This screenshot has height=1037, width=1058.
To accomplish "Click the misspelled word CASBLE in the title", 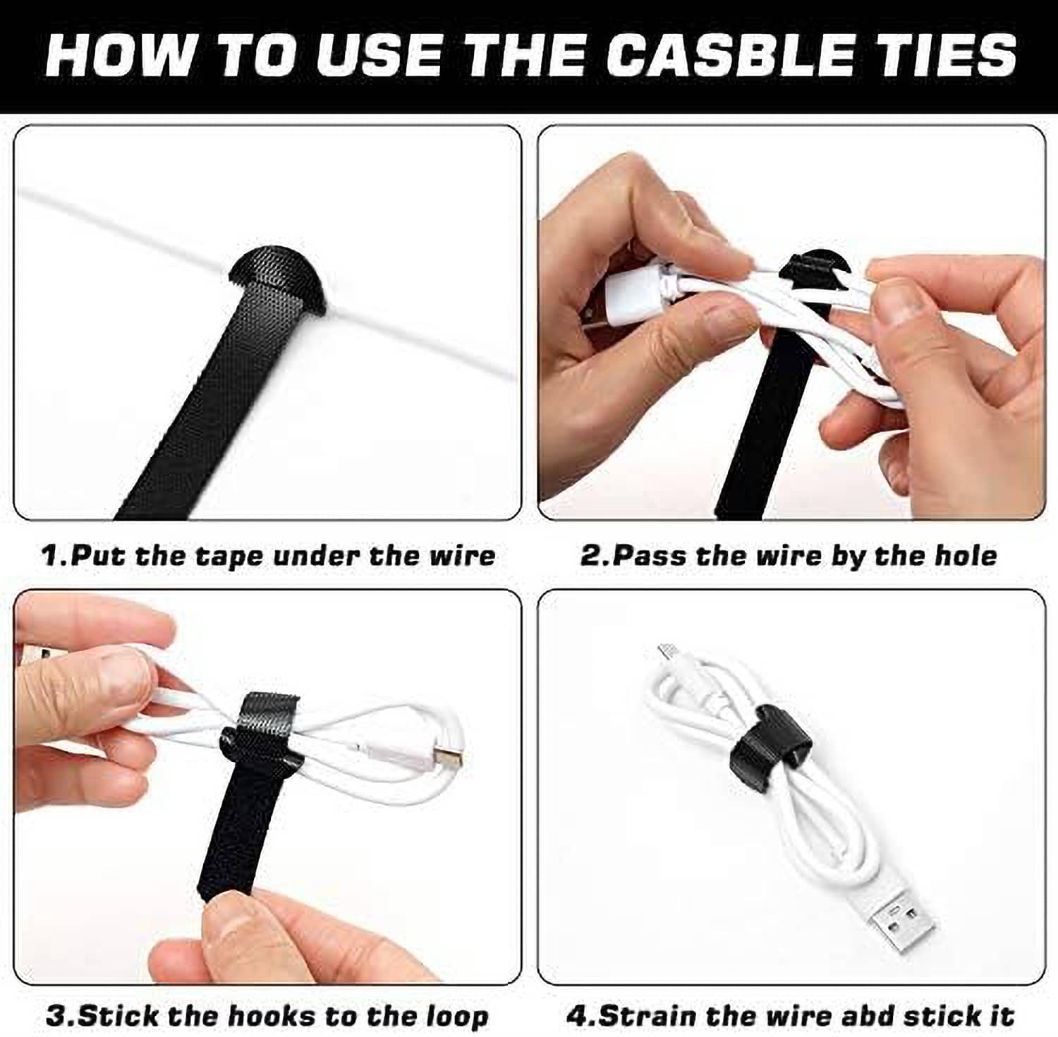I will click(726, 55).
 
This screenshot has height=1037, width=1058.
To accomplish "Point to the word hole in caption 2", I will click(966, 556).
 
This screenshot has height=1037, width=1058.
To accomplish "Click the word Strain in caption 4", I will click(648, 1017).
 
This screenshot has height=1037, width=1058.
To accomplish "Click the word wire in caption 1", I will click(466, 556).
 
